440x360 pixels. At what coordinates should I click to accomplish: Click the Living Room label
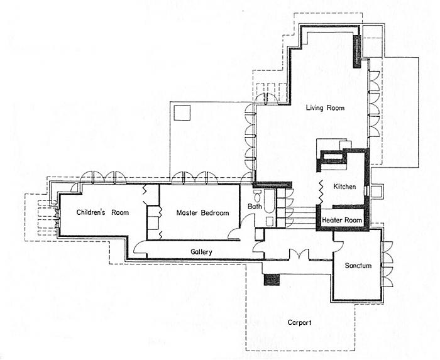click(325, 108)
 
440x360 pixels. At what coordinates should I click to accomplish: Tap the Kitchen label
click(344, 187)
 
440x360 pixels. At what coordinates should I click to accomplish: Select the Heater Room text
click(342, 220)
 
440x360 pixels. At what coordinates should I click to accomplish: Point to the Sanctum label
click(358, 266)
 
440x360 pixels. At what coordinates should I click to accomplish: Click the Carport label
click(299, 323)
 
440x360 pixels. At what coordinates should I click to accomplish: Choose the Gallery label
click(201, 252)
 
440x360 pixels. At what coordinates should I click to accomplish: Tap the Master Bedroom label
click(202, 213)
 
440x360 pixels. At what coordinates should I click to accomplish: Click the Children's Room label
click(102, 212)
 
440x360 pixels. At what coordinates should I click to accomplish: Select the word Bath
click(255, 206)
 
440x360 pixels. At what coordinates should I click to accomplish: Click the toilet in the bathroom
click(257, 195)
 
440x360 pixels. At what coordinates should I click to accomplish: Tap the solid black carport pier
click(272, 280)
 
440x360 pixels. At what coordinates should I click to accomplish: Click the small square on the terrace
click(182, 112)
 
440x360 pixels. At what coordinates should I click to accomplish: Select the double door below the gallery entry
click(299, 254)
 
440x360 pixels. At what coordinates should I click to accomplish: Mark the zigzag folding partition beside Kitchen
click(321, 192)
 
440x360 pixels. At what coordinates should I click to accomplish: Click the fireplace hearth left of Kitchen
click(331, 159)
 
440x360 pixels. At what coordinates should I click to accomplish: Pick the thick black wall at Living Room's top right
click(356, 52)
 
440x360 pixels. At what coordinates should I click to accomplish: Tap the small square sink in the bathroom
click(270, 222)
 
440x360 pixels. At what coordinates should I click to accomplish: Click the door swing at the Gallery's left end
click(140, 248)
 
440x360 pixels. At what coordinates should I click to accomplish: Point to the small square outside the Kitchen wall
click(377, 191)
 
